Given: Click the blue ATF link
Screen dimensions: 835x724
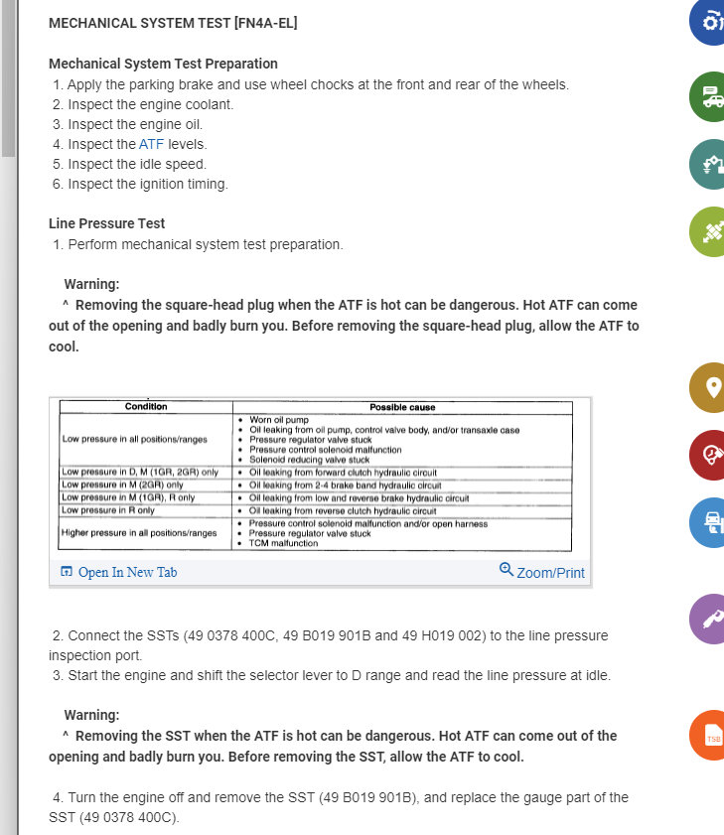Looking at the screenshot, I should click(151, 144).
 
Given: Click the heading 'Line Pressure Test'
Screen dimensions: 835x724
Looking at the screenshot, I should click(106, 223).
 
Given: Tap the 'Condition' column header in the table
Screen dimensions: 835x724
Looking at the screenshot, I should click(146, 407).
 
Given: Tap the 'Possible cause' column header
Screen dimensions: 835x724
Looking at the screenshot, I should click(402, 407).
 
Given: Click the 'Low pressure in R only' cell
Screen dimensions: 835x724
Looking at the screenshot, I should click(108, 509).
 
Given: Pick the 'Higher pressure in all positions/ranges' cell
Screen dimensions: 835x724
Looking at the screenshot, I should click(139, 533).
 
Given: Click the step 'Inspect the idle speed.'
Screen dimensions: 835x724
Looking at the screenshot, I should click(136, 164).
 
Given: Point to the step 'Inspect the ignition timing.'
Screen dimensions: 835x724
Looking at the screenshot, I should click(147, 184).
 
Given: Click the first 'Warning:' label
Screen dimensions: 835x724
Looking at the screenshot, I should click(91, 284).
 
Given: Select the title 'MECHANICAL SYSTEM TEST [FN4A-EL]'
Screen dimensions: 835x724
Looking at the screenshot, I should click(173, 23).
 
